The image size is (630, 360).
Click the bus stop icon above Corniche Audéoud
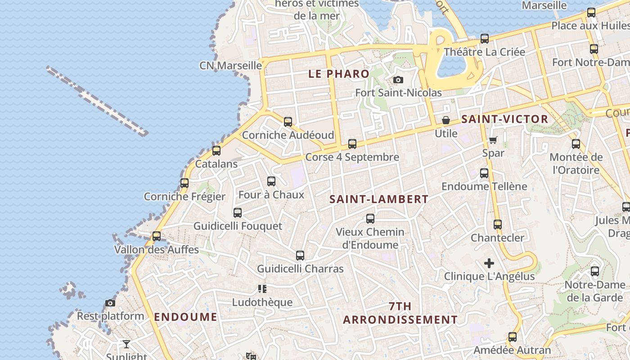click(288, 121)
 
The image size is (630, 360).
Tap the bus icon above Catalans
click(216, 151)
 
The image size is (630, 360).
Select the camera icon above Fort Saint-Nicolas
click(398, 80)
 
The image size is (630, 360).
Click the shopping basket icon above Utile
click(446, 120)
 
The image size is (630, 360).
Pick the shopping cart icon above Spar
click(493, 140)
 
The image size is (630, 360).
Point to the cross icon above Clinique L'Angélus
click(489, 263)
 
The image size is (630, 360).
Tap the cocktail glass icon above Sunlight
click(126, 344)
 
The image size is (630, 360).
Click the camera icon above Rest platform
click(110, 303)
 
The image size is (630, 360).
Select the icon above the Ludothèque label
click(262, 289)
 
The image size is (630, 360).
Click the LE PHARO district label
click(339, 74)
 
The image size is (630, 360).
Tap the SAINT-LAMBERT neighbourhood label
click(379, 199)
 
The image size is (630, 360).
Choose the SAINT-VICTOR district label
click(505, 119)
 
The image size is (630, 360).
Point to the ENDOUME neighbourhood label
click(185, 317)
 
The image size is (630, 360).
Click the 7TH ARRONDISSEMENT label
click(400, 313)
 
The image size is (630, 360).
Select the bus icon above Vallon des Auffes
click(157, 236)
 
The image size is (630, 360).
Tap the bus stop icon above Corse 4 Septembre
click(352, 144)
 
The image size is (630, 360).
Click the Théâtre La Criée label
click(484, 52)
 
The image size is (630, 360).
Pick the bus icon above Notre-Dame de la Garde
click(595, 271)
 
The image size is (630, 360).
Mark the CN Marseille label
click(230, 66)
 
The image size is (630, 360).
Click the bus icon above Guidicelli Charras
click(300, 256)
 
